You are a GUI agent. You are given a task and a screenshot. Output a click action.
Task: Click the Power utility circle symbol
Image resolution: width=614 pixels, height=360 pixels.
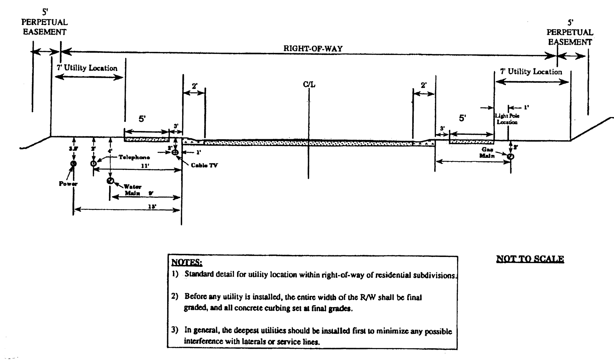[x=73, y=164]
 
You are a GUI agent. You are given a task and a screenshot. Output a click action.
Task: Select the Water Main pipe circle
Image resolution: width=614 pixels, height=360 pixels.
[x=110, y=181]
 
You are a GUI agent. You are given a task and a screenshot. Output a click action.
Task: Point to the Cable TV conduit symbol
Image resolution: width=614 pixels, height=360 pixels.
[x=175, y=152]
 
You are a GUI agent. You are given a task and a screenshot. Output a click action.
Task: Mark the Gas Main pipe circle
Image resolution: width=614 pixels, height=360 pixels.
[x=510, y=157]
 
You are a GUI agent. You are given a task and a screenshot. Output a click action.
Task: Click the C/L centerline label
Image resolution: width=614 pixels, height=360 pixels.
[x=309, y=84]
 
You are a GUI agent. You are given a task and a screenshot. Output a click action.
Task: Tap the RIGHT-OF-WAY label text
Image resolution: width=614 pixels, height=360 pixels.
[x=313, y=48]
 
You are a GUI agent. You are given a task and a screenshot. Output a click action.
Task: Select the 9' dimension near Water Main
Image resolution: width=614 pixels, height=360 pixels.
[x=151, y=193]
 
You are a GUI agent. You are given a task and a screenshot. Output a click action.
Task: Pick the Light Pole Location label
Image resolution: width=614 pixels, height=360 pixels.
[x=507, y=119]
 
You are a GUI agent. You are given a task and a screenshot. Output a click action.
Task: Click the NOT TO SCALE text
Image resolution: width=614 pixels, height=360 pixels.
[x=530, y=259]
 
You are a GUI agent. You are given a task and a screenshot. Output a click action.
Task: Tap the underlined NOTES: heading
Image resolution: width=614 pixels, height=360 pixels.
[x=187, y=262]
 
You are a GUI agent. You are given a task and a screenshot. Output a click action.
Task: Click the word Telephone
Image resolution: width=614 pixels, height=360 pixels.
[x=134, y=157]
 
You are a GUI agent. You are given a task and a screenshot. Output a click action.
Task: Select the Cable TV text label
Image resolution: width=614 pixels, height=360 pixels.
[x=204, y=165]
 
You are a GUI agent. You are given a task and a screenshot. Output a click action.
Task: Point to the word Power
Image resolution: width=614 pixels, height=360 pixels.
[x=68, y=184]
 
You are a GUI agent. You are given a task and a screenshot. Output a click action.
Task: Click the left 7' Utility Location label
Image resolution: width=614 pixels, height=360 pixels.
[x=87, y=68]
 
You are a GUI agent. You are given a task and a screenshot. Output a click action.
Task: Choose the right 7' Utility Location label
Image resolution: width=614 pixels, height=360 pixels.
[x=531, y=72]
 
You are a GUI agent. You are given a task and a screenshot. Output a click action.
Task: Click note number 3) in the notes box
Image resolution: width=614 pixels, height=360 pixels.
[x=175, y=330]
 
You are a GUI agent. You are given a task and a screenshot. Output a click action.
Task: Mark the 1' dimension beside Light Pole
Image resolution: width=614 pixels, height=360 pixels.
[x=526, y=107]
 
